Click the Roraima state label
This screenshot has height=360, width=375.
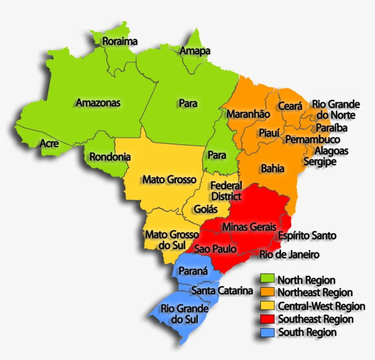coord(120,42)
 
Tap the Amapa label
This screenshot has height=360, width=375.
coord(195,51)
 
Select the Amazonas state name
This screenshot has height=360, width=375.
coord(98,103)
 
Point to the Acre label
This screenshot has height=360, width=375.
coord(49,143)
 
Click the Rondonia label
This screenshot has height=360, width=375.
coord(110,157)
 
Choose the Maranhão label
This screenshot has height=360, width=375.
coord(249,114)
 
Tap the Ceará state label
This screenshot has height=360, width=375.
coord(290,106)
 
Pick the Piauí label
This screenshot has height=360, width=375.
coord(269,133)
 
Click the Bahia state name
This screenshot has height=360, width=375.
coord(273,169)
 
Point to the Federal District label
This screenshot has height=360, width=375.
coord(226,191)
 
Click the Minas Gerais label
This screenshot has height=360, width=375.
coord(249,227)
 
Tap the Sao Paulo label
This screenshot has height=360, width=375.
coord(215,249)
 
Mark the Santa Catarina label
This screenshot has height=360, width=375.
coord(222,291)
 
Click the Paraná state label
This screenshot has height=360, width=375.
coord(193,271)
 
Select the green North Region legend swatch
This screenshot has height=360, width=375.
coord(267,279)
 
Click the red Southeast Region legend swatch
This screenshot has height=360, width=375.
coord(267,318)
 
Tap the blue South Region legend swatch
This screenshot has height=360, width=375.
coord(267,332)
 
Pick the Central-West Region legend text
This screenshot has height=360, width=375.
coord(321,306)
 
